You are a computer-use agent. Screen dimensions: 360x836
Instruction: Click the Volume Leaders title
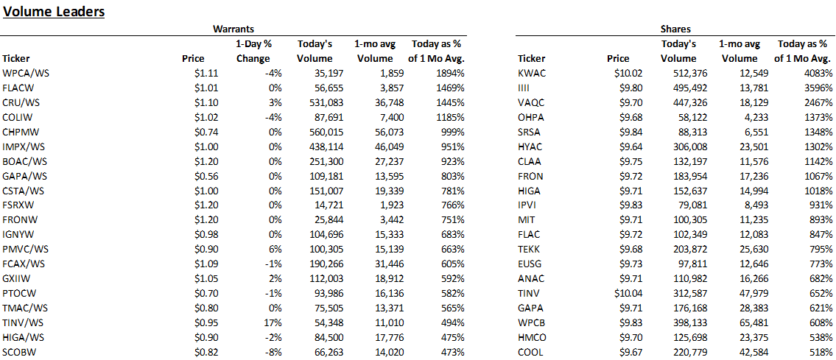coord(54,12)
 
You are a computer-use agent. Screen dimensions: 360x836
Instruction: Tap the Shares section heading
coord(675,29)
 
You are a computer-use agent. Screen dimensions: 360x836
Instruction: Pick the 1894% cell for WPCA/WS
coord(449,73)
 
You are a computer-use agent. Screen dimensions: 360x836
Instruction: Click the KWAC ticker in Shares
coord(532,73)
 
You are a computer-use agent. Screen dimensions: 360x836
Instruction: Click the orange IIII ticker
coord(524,87)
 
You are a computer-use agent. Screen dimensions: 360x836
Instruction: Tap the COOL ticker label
coord(531,352)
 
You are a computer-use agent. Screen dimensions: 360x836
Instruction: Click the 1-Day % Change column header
coord(253,51)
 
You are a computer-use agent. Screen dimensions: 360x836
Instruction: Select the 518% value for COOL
coord(820,352)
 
